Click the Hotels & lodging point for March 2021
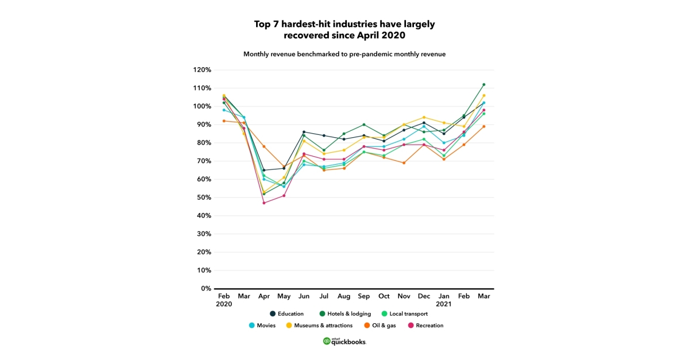484,84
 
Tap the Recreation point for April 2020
264,203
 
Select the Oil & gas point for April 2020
264,146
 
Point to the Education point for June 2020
304,132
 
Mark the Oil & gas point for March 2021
484,126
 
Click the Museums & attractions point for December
424,117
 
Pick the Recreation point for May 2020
284,196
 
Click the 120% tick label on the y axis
202,70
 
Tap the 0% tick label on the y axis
206,288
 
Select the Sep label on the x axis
363,296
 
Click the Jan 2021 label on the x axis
444,300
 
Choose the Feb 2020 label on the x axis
224,300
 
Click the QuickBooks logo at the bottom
344,341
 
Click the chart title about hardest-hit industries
344,29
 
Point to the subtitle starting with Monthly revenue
344,54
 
